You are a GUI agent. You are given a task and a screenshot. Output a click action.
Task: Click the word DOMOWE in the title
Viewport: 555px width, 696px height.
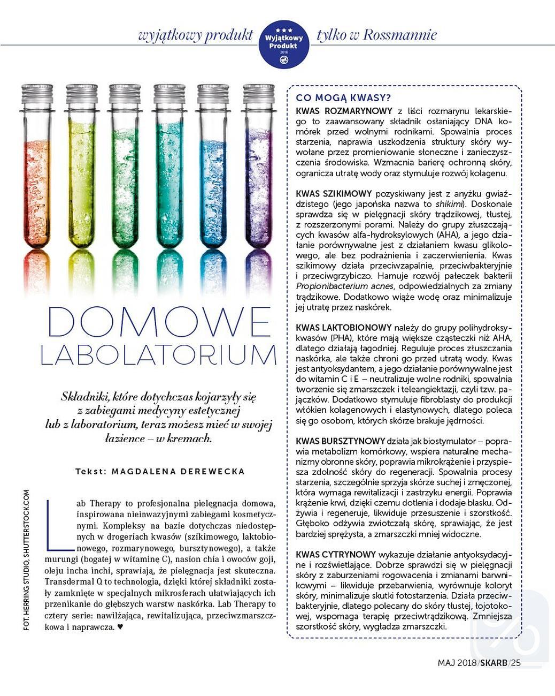click(159, 322)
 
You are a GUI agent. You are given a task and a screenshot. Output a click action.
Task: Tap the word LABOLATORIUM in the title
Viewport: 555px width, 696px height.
click(159, 355)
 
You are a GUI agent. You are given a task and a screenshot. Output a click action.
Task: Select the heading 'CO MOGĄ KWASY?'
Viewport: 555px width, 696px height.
click(343, 98)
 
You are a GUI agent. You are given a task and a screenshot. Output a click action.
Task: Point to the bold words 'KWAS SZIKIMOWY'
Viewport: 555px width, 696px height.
click(334, 194)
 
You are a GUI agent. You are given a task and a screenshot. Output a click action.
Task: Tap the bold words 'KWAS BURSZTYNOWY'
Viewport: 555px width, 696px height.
click(340, 441)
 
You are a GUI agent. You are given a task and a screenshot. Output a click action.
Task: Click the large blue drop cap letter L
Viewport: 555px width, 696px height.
click(53, 525)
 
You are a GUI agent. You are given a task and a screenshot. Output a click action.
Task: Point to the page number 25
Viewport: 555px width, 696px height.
click(515, 663)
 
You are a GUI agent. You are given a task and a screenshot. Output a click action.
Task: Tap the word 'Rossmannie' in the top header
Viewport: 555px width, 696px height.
click(400, 35)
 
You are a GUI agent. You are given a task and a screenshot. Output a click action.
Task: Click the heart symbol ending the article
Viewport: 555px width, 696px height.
click(120, 627)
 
